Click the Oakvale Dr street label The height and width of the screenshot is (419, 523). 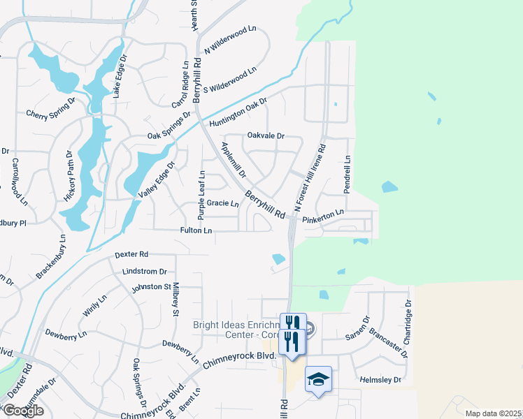(266, 136)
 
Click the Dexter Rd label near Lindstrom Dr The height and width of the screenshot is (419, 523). (133, 254)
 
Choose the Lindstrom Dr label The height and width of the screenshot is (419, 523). (145, 271)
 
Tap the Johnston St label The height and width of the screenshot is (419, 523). (152, 286)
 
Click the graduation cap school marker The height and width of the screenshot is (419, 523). (318, 378)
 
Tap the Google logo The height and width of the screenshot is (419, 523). (23, 411)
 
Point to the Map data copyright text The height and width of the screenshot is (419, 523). (493, 413)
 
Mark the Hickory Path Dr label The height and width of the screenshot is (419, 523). (69, 176)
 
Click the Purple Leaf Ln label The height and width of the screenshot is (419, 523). (201, 189)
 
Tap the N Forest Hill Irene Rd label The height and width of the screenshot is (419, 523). (309, 179)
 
